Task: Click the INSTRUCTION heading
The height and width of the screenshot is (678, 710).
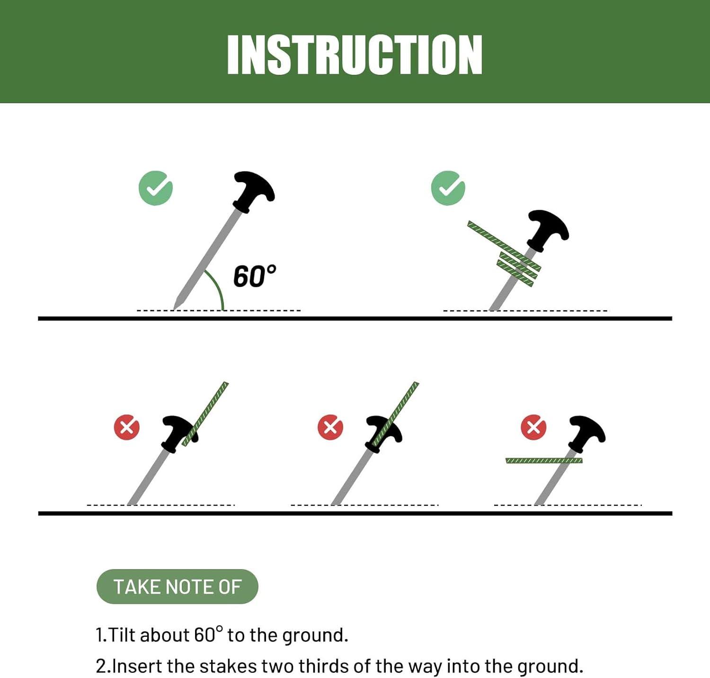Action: [355, 54]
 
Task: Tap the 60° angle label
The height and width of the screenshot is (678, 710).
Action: [255, 276]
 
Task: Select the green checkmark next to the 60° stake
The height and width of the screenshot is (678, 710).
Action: [156, 188]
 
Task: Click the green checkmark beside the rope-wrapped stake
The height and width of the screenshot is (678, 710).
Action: [448, 188]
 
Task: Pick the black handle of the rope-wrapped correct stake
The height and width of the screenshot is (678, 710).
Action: [548, 230]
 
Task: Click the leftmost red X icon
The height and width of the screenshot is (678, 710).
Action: [127, 427]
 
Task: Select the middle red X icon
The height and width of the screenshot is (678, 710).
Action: [330, 427]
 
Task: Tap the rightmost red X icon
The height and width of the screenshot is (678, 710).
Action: [533, 427]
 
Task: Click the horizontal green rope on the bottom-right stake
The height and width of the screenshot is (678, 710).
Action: [544, 461]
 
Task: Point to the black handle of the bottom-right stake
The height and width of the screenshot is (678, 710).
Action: [586, 433]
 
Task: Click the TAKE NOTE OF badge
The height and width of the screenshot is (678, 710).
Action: [177, 587]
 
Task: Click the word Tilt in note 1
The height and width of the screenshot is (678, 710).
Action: [123, 635]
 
